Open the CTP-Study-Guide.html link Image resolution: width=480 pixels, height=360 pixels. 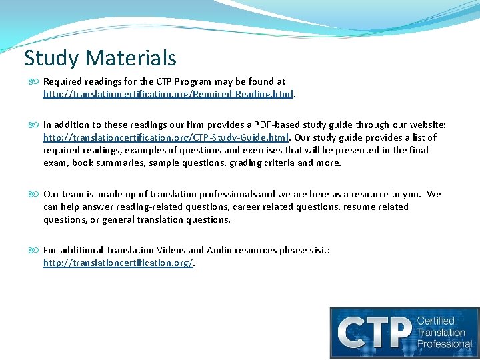point(165,137)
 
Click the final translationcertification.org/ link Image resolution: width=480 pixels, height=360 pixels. point(118,263)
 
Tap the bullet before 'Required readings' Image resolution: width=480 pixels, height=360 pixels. point(34,82)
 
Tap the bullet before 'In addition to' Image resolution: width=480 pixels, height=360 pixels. point(34,125)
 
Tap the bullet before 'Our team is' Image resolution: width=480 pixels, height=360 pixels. point(34,194)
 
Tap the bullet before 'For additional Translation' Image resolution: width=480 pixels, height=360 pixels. point(34,250)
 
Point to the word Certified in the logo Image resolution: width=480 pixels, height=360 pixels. point(435,321)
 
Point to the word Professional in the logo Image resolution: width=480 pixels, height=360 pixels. point(445,344)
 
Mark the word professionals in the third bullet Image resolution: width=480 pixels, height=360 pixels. point(223,194)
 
